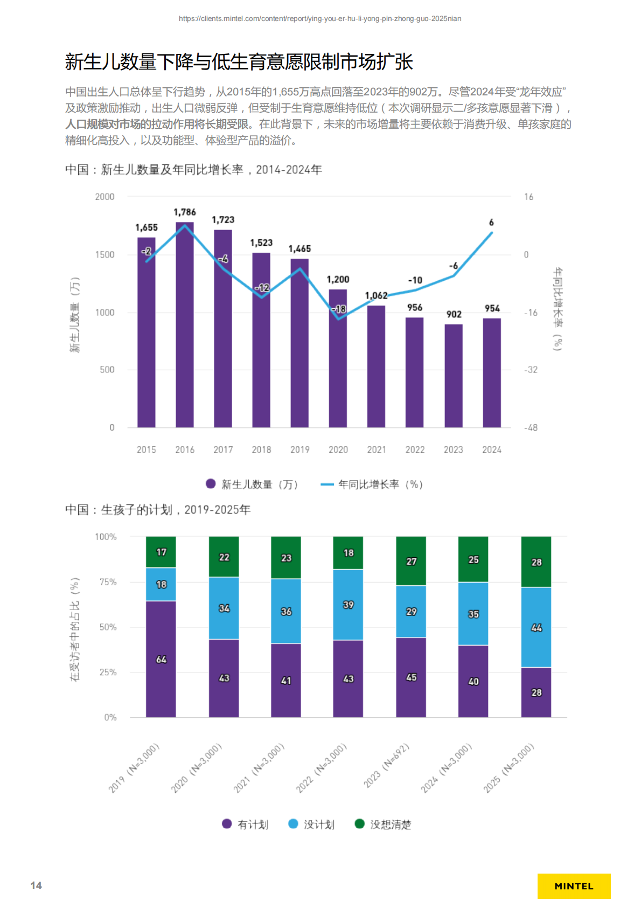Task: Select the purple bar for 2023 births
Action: tap(453, 377)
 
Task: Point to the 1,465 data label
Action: tap(299, 249)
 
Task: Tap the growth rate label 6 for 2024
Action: tap(491, 223)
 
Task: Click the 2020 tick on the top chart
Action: tap(338, 449)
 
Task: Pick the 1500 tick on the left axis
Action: tap(104, 255)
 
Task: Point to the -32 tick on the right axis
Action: tap(531, 370)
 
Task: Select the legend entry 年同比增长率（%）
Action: tap(372, 484)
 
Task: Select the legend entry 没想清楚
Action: tap(383, 824)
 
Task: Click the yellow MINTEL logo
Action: tap(574, 886)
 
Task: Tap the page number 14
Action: tap(36, 885)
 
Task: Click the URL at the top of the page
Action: tap(320, 19)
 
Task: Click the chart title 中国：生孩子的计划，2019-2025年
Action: tap(158, 509)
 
